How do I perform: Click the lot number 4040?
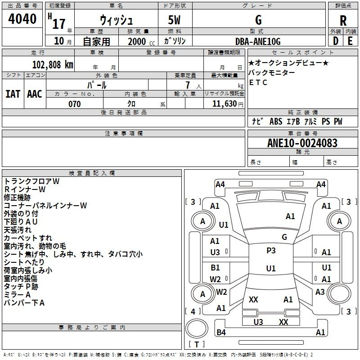pos(22,19)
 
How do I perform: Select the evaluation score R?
pos(343,20)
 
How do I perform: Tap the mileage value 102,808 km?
pos(53,64)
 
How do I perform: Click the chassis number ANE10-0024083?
pos(302,143)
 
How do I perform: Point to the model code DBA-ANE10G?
pos(258,41)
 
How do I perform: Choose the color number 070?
pos(74,104)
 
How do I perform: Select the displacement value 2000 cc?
pos(137,41)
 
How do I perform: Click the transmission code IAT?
pos(13,94)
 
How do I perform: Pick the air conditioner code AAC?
pos(35,94)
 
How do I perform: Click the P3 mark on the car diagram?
pos(271,251)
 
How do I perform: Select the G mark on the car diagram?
pos(284,237)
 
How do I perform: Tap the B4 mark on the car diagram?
pos(221,333)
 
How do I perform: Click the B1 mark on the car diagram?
pos(215,268)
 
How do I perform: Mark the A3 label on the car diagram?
pos(320,292)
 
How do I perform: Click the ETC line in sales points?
pos(258,82)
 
